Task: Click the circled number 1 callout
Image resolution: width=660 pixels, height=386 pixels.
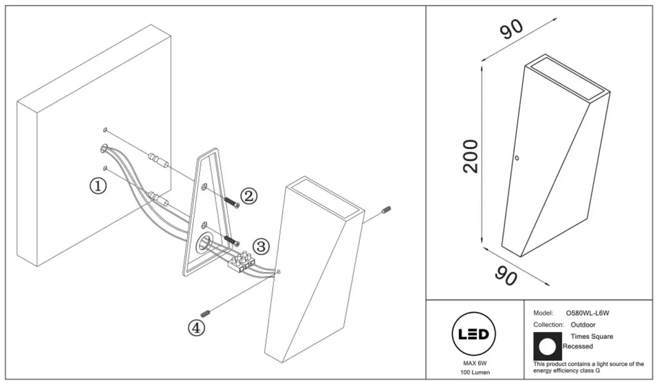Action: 98,186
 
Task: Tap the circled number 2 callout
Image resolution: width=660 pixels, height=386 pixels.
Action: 249,196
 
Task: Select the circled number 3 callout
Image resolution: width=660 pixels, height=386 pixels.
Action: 261,246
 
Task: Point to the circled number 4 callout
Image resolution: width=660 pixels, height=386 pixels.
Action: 196,328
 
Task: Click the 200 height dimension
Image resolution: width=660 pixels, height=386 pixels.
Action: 470,156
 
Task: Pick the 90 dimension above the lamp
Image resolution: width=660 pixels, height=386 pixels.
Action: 511,28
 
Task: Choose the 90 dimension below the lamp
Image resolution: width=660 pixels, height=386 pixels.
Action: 505,276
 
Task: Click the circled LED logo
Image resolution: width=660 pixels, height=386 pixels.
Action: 474,334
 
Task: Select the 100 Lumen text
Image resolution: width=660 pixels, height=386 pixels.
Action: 475,372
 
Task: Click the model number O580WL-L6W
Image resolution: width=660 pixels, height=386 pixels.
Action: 588,313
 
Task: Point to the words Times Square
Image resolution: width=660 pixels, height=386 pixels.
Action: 592,336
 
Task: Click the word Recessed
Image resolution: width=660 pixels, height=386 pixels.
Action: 577,347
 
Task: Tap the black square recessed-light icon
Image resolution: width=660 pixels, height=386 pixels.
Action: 548,347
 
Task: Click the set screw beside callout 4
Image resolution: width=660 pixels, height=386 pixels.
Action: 206,313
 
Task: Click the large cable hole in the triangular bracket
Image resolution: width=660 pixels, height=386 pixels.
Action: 205,243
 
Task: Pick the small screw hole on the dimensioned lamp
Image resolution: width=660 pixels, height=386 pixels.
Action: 517,159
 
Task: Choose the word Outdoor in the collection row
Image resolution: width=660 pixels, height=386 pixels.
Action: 583,325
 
